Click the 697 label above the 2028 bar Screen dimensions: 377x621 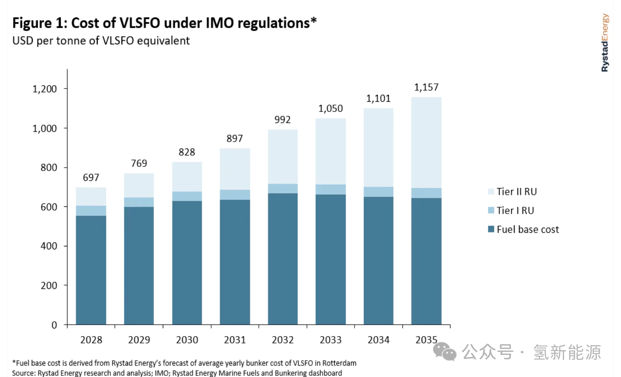(x=91, y=177)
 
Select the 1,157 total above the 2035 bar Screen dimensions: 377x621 (x=426, y=87)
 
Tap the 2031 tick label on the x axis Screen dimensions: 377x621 (x=235, y=340)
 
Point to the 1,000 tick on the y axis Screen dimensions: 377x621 (x=45, y=129)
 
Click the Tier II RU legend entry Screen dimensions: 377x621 (x=516, y=192)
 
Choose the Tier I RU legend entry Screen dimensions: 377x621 (x=515, y=211)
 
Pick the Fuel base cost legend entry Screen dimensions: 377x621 (x=527, y=230)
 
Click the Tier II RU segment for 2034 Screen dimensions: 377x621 (x=378, y=147)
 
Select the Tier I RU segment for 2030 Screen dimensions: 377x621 (x=187, y=196)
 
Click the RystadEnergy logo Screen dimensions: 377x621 (x=604, y=43)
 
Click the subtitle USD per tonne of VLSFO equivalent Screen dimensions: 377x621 (x=101, y=41)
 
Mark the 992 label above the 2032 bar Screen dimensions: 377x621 (x=283, y=120)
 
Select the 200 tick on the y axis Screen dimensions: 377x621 (x=49, y=286)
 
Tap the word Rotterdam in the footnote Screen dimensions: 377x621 (x=339, y=363)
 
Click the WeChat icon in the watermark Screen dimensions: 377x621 (x=444, y=352)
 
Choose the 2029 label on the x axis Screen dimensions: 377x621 (x=139, y=340)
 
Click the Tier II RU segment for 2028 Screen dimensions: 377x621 (x=91, y=197)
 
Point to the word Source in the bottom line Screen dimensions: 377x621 (x=23, y=373)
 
